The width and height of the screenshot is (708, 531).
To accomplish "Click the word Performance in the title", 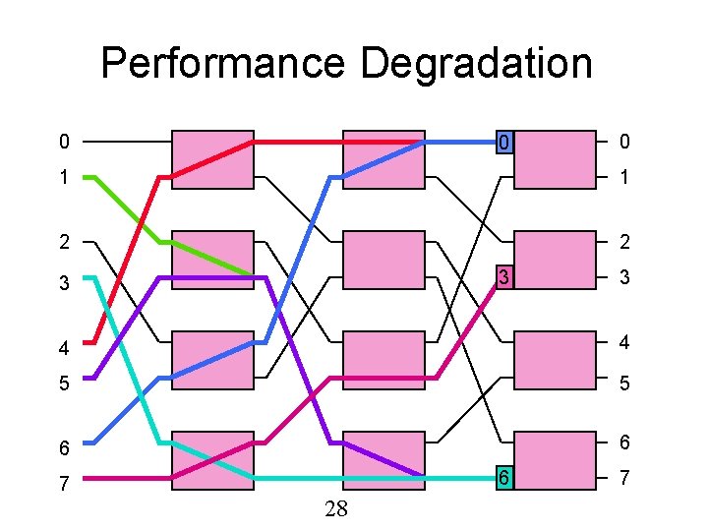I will coord(224,65).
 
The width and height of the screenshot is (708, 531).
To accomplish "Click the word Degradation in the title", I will coord(477,65).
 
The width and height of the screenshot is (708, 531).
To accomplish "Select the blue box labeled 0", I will coord(503,143).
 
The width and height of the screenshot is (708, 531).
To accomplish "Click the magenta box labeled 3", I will coord(503,278).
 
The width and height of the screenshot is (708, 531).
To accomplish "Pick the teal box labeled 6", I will coord(503,478).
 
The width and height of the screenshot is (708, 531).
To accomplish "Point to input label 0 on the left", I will coord(64,143).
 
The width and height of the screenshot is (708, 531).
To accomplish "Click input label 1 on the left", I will coord(64,180).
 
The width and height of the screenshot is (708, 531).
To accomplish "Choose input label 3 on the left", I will coord(64,283).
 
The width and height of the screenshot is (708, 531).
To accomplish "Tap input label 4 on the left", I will coord(64,347).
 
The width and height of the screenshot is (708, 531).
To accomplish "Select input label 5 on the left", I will coord(64,383).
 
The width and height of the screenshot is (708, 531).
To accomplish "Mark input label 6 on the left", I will coord(64,448).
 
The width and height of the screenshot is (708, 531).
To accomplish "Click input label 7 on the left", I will coord(64,485).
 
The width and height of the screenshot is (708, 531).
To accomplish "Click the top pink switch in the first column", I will coord(212,158).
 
